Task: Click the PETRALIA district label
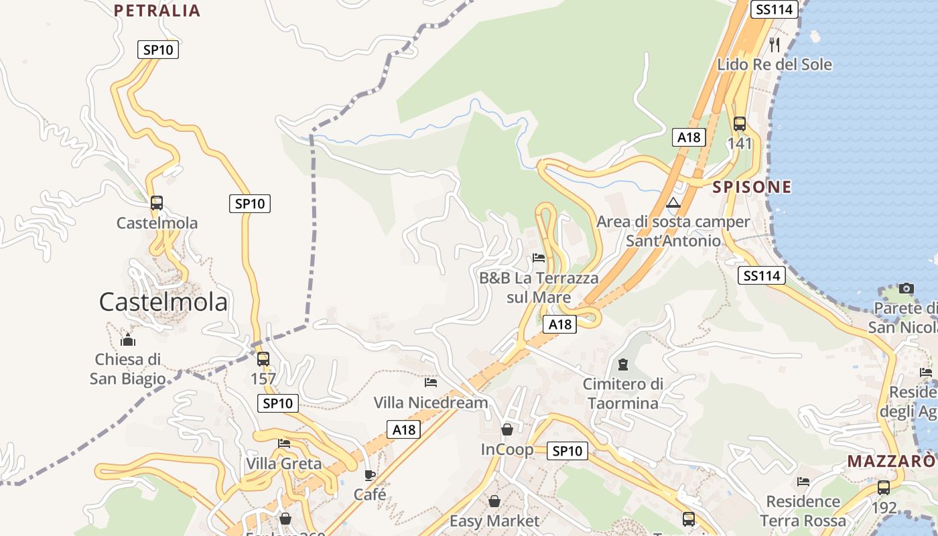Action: (157, 10)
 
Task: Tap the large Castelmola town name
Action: (163, 302)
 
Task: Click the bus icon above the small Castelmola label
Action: (157, 202)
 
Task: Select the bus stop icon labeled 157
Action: (263, 358)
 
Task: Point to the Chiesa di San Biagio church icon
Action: (128, 340)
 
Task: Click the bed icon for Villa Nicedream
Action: (431, 383)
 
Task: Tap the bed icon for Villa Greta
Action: (284, 443)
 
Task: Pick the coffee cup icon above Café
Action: (369, 475)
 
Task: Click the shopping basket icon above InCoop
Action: (507, 429)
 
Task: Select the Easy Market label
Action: (494, 521)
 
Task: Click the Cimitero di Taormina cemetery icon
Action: (623, 364)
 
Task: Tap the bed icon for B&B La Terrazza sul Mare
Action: (539, 257)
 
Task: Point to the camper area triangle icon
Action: (673, 202)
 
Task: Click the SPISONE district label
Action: (752, 187)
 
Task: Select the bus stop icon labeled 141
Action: (739, 124)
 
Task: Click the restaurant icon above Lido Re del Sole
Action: (775, 44)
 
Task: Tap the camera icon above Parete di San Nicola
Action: (907, 288)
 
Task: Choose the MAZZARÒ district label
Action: (890, 462)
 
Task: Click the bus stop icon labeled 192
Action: (884, 487)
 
